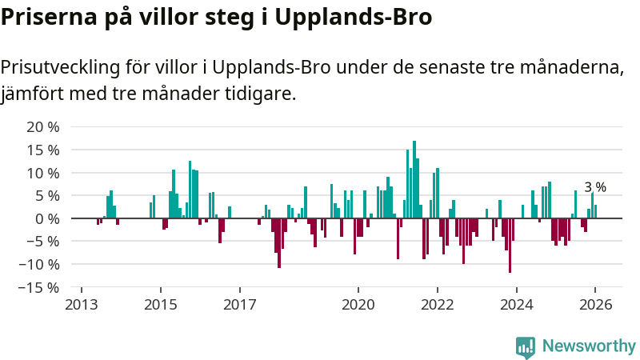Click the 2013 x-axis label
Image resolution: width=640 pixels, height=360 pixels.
pyautogui.click(x=81, y=305)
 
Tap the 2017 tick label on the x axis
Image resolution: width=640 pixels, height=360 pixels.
pyautogui.click(x=239, y=305)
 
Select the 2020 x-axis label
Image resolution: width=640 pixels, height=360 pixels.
pyautogui.click(x=358, y=305)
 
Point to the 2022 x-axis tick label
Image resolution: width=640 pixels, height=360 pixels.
pyautogui.click(x=438, y=305)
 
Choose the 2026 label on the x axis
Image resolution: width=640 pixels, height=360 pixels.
pyautogui.click(x=596, y=305)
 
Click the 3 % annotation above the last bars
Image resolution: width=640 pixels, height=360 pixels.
pyautogui.click(x=595, y=187)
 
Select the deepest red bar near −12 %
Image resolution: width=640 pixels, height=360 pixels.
pyautogui.click(x=510, y=245)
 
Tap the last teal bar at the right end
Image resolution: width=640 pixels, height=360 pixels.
pyautogui.click(x=595, y=211)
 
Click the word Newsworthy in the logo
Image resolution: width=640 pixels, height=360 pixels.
pyautogui.click(x=589, y=346)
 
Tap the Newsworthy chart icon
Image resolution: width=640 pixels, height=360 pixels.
pyautogui.click(x=526, y=346)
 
